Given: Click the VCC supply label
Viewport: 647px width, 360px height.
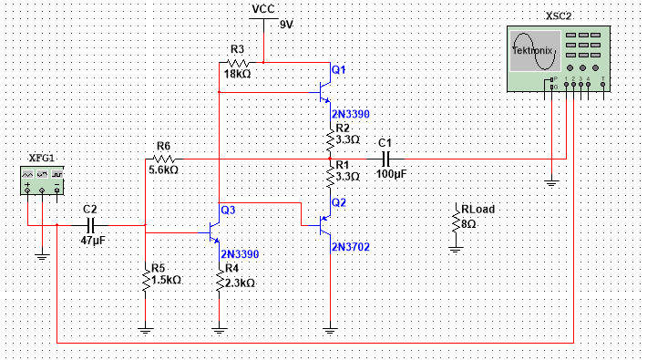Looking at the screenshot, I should tap(262, 8).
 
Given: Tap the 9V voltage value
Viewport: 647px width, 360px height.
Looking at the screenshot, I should tap(287, 25).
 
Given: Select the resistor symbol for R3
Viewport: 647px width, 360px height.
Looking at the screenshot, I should tap(238, 62).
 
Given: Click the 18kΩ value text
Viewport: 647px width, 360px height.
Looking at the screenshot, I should tap(238, 74).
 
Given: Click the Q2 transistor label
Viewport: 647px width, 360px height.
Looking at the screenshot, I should tap(339, 201).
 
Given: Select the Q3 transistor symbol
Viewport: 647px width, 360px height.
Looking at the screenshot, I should tap(215, 232).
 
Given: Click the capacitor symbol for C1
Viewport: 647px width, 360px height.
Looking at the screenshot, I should tap(385, 159).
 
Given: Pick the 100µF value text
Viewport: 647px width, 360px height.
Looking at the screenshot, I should tap(390, 173).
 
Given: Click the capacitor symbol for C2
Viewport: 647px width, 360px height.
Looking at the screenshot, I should tap(90, 223).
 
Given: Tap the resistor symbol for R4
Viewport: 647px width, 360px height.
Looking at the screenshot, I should tap(220, 283).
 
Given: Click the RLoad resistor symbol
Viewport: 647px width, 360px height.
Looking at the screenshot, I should tap(455, 220).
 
